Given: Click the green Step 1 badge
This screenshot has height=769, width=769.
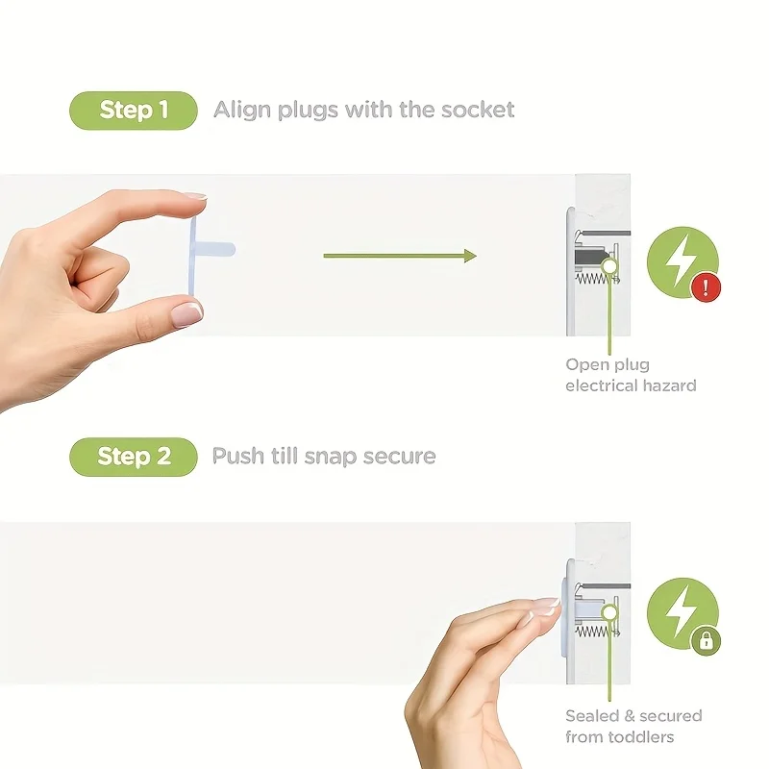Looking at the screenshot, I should point(133,111).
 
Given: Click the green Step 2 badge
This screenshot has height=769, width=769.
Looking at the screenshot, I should point(133,456).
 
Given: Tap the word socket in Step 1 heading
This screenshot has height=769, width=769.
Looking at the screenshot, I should point(478,110).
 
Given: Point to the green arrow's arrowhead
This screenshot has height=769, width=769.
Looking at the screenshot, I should point(469,256).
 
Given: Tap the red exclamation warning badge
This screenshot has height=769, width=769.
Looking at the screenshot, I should point(706,287).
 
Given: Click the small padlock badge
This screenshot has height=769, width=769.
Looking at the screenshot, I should point(706,641).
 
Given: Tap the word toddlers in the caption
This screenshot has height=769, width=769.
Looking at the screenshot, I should point(641,737).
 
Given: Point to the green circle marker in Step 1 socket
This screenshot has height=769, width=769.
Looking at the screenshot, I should point(608,263).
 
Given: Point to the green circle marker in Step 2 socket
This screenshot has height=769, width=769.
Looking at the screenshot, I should point(608,611).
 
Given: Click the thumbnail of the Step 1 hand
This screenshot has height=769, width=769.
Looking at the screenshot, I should point(186,311).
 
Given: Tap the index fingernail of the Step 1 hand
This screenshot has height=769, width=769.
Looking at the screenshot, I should point(194,196).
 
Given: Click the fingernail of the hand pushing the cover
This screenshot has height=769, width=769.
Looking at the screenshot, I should point(545,606).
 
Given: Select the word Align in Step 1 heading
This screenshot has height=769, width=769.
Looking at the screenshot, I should point(242,110).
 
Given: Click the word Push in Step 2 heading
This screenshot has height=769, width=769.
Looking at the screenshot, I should point(237,456).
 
